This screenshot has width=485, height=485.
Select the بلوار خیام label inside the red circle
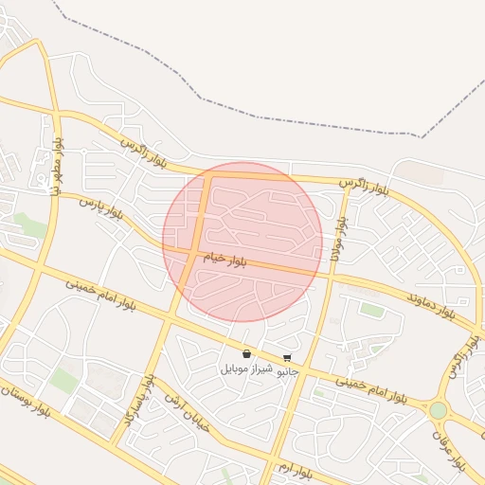tap(223, 258)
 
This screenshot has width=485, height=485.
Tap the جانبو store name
tap(287, 372)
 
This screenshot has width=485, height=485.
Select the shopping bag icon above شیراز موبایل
tap(246, 354)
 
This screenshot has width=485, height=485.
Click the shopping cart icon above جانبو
tap(287, 358)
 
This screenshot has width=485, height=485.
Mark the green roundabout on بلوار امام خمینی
tap(438, 410)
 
